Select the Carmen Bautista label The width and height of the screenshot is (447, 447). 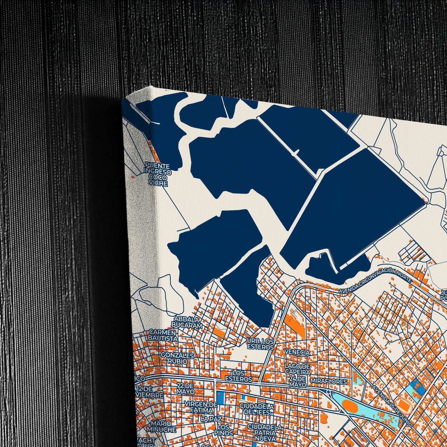pos(162,335)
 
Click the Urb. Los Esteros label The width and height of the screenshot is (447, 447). pos(260,344)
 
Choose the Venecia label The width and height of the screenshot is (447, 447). pos(297,352)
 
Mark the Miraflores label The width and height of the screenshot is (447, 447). pos(329,382)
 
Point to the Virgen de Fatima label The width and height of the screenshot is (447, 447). pos(200,407)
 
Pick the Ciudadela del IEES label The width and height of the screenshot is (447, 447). pos(256,409)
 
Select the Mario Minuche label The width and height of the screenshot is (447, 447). pos(161,427)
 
